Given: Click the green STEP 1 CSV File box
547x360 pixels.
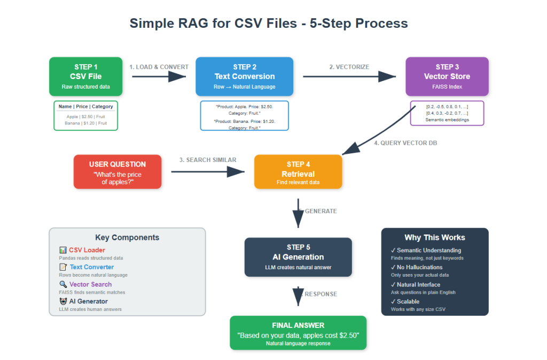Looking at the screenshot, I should point(85,76).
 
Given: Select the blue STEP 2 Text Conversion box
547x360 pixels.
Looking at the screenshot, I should point(244,76).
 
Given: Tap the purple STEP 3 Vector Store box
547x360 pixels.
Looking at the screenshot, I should point(447,76).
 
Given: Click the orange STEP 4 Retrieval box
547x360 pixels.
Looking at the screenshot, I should point(298,171).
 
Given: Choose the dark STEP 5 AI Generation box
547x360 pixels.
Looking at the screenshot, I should point(298,257).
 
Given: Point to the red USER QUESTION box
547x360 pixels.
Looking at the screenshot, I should point(118,171).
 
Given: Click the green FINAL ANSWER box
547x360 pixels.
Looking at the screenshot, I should point(298,333).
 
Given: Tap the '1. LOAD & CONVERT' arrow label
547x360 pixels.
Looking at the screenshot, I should point(159,67).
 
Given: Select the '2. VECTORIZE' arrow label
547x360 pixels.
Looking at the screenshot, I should point(349,67).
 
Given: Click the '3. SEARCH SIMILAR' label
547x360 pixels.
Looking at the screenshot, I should point(207,160).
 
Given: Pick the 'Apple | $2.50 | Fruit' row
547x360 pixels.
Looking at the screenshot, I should point(85,116).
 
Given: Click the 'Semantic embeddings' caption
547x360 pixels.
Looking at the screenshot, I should point(447,120).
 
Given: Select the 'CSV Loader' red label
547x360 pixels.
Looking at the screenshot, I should point(87,250).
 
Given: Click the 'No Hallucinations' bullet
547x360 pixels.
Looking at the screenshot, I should point(420,267).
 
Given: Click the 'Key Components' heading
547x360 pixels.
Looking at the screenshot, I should point(127,238).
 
